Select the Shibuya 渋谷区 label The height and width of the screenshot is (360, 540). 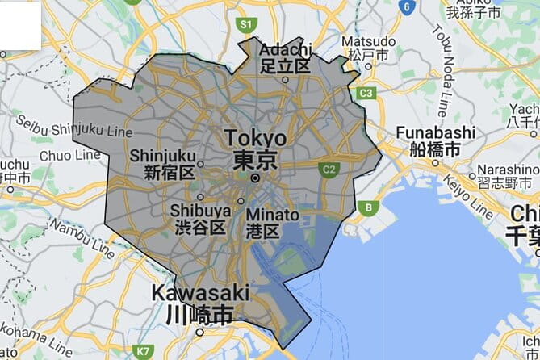[x=197, y=219]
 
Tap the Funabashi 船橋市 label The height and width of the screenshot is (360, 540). [x=424, y=141]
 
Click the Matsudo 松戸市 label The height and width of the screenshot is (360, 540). [x=368, y=47]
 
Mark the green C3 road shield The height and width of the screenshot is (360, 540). [x=366, y=93]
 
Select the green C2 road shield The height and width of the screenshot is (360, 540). [x=329, y=170]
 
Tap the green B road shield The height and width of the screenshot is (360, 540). [x=370, y=207]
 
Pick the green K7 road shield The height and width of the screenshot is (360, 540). [x=144, y=351]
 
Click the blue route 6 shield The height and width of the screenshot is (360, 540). [x=408, y=6]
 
